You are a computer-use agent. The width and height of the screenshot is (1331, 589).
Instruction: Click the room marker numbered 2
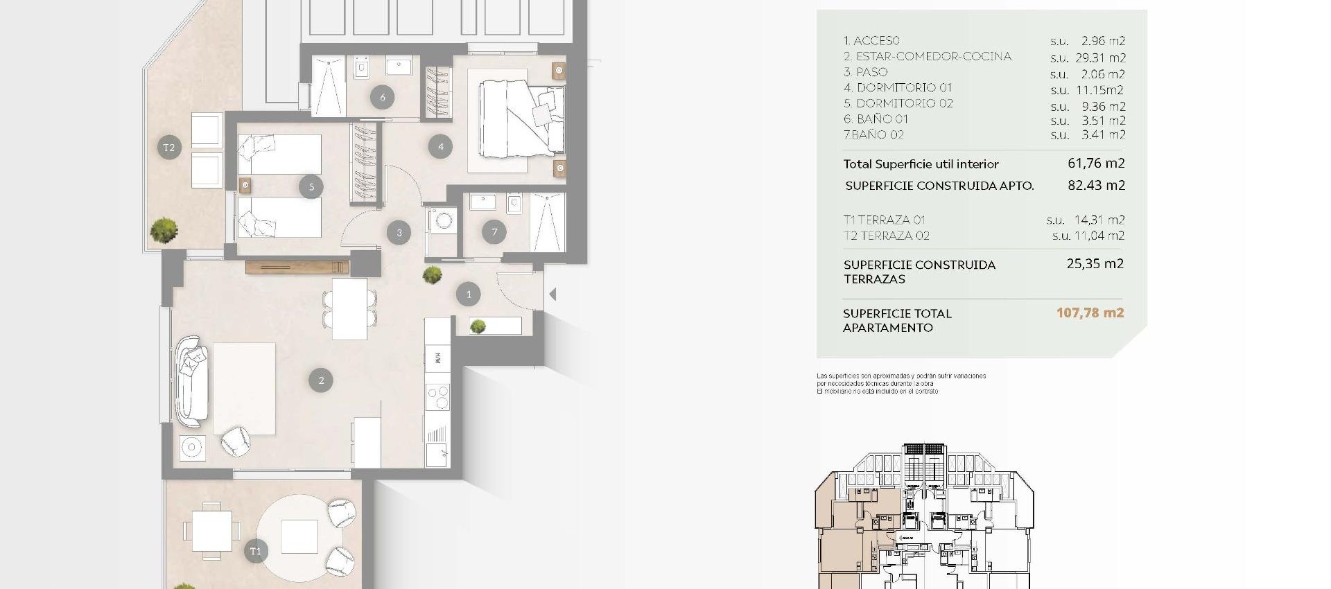click(x=320, y=380)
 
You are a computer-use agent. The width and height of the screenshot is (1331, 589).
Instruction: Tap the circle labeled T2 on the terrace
click(x=168, y=147)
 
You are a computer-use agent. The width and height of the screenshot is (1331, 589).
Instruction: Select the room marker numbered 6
click(x=382, y=97)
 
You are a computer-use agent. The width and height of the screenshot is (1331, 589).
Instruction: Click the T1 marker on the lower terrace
click(x=256, y=551)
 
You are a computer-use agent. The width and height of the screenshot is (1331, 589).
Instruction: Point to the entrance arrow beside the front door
click(x=553, y=294)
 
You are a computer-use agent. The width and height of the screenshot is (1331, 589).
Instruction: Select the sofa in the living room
click(x=190, y=380)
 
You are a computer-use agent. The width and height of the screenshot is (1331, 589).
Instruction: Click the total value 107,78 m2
click(x=1090, y=313)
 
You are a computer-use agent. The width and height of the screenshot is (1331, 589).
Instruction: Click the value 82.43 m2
click(x=1096, y=185)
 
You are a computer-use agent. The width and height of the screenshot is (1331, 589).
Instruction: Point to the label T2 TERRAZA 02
click(x=886, y=236)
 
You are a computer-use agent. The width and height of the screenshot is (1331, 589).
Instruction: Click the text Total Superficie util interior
click(x=921, y=164)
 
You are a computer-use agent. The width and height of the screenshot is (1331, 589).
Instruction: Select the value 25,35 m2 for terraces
click(x=1095, y=263)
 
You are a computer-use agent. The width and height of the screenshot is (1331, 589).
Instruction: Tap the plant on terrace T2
click(x=164, y=230)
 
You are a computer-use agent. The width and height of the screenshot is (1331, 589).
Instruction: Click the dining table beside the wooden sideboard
click(x=349, y=308)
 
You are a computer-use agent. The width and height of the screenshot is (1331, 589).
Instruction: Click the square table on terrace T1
click(x=211, y=531)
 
